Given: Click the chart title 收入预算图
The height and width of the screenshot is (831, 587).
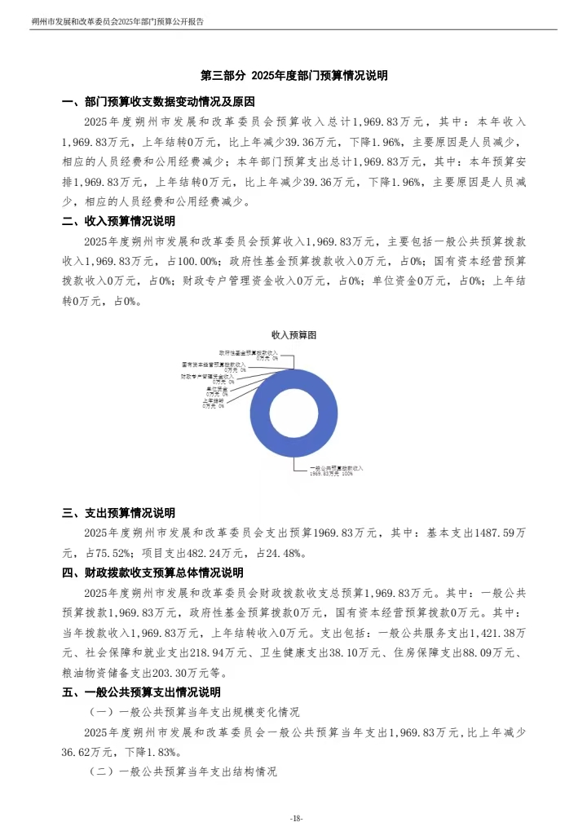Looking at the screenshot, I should (x=293, y=335).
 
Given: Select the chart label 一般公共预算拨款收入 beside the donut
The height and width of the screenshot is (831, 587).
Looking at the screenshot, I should (x=335, y=469).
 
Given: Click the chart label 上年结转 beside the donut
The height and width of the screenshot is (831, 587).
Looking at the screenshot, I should (x=214, y=401).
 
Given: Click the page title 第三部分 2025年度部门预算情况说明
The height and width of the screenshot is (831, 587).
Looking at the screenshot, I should (x=293, y=75).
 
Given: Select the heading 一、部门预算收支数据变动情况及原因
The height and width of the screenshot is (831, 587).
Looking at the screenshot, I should (x=159, y=102).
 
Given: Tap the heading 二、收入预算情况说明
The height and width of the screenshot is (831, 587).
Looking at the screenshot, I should (x=118, y=221).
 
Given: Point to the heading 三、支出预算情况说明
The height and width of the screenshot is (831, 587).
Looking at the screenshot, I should (x=118, y=513).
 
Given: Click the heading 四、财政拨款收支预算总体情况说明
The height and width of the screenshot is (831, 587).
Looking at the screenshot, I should (x=152, y=572).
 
